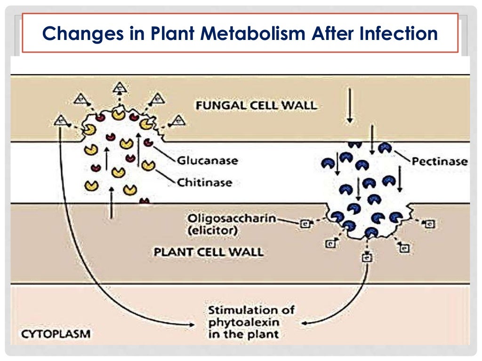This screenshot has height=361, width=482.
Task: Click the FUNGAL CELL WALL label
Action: [x=256, y=104]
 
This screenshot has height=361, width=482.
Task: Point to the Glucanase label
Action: [x=207, y=161]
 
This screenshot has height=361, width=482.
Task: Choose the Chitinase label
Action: [x=205, y=182]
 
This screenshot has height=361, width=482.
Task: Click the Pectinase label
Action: [x=440, y=162]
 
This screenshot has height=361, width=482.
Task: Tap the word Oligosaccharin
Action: [x=232, y=219]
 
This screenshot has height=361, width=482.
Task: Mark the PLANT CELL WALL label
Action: [x=209, y=252]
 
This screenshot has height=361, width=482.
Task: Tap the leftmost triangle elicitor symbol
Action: [x=60, y=120]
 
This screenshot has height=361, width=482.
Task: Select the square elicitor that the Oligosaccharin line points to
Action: [x=304, y=224]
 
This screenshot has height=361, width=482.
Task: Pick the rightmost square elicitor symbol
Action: [x=429, y=224]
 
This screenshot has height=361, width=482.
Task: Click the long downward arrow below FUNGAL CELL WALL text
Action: [x=349, y=106]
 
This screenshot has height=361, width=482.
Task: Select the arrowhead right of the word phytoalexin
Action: [x=304, y=323]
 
